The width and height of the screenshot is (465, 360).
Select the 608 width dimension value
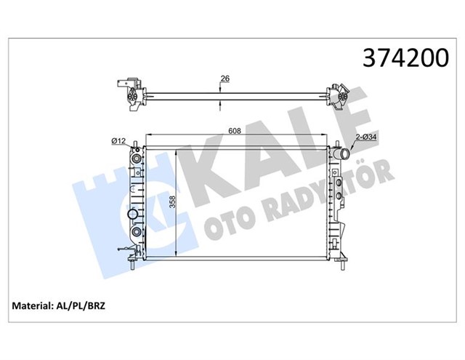point(234,132)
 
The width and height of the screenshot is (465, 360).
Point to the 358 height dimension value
point(171,202)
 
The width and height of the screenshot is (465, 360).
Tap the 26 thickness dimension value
point(225,79)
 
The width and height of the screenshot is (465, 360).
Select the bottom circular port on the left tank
point(135,233)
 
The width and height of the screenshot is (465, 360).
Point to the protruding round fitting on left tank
point(131,216)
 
